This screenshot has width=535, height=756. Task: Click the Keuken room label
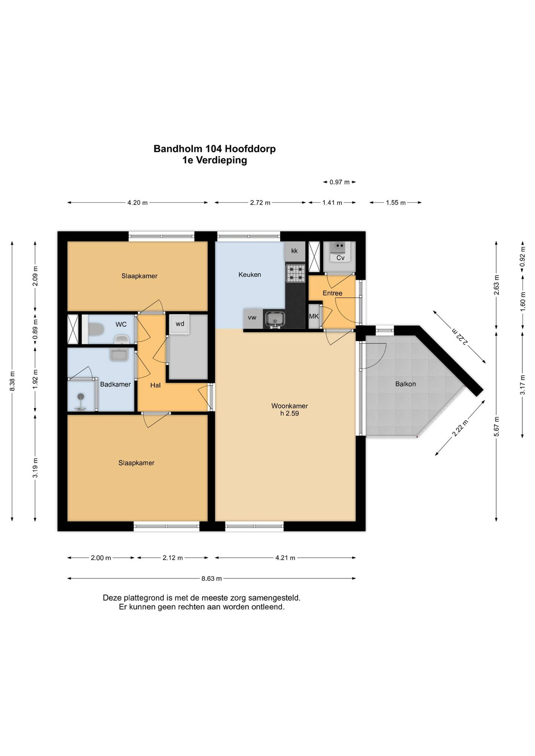(x=250, y=274)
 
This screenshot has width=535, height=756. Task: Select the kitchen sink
(x=274, y=319)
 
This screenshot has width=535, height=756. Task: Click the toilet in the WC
(x=96, y=329)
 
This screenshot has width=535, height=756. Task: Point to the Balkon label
(x=405, y=384)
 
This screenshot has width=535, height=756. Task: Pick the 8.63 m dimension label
(x=211, y=579)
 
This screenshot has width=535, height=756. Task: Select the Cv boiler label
(x=340, y=258)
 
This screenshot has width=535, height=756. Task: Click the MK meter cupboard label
(x=314, y=316)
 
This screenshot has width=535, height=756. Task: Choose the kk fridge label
(x=295, y=251)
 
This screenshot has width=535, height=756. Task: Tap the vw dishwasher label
(x=252, y=318)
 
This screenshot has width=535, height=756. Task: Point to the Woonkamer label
(x=290, y=406)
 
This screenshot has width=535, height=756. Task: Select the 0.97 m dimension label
(x=340, y=182)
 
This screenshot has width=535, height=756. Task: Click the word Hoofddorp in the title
(x=251, y=149)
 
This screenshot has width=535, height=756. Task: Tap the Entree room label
(x=332, y=293)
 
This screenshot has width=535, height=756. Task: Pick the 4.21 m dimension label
(x=285, y=558)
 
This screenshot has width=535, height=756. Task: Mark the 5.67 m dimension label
(x=497, y=426)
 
